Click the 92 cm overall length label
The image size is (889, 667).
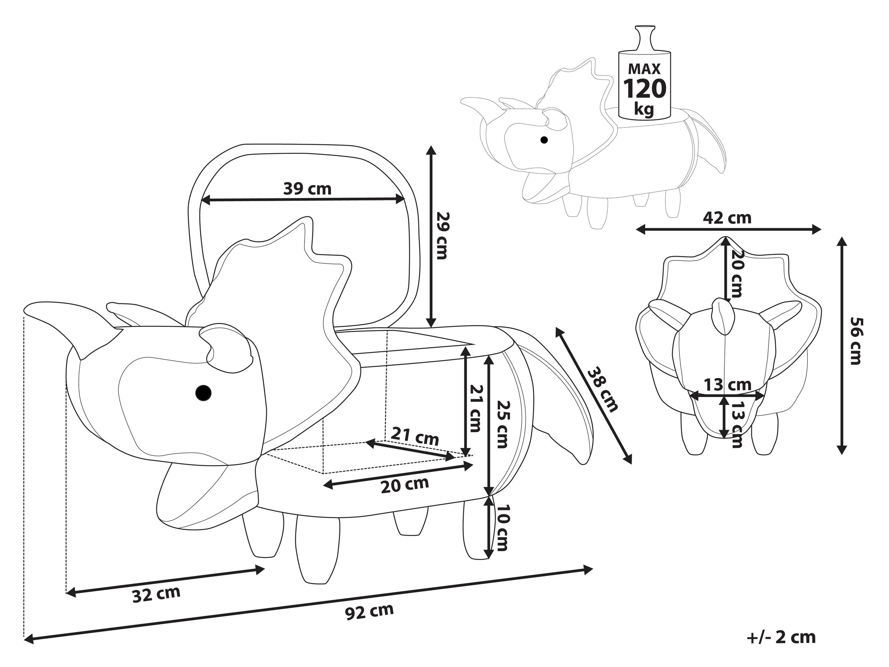[x=369, y=611]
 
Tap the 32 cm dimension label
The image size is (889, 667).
[x=156, y=594]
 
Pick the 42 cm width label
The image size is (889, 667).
[x=727, y=217]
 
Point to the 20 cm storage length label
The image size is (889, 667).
[x=405, y=485]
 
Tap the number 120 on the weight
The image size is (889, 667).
[x=645, y=89]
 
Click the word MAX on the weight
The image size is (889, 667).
[x=644, y=69]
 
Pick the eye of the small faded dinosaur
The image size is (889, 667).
[x=544, y=140]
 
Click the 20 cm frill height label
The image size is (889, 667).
[x=736, y=273]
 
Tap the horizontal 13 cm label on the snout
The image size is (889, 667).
[x=728, y=385]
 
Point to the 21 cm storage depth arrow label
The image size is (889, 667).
[x=415, y=436]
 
